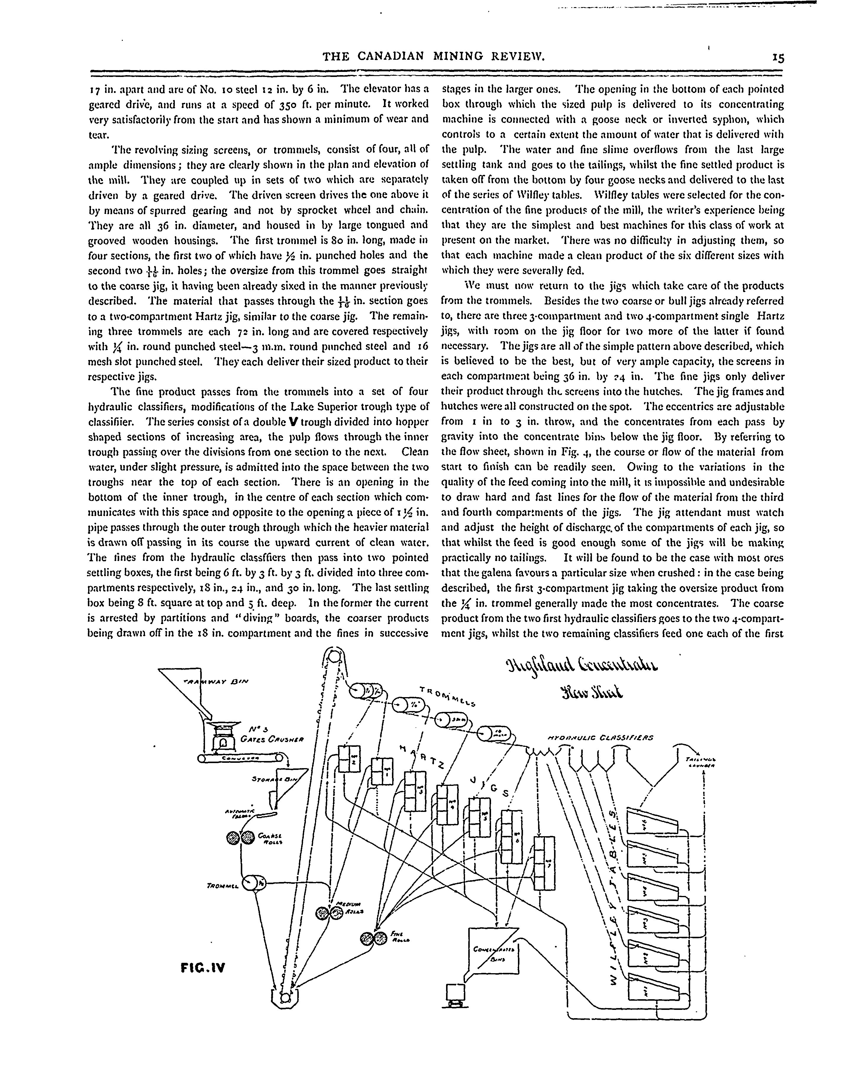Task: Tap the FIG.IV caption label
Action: (x=203, y=967)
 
